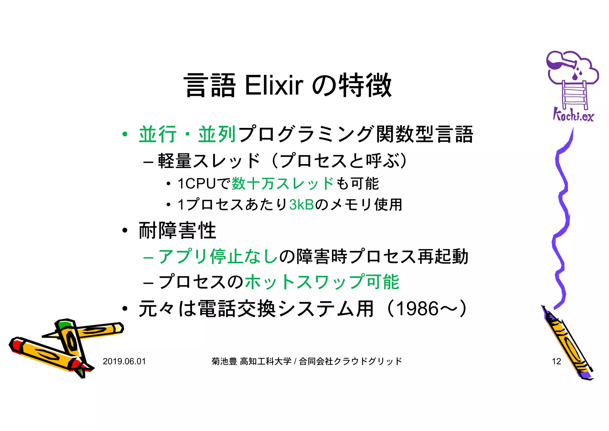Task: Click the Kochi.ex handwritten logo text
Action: coord(573,115)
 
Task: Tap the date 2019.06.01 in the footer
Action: coord(124,361)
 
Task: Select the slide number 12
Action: coord(556,361)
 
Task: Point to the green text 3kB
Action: coord(302,205)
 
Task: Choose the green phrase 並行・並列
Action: coord(187,134)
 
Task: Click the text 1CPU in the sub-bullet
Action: coord(196,183)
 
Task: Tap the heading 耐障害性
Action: coord(177,231)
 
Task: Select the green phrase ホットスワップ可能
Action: coord(322,282)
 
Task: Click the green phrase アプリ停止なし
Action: coord(218,256)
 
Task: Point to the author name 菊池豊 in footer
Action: coord(224,361)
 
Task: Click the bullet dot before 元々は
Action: coord(125,309)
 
